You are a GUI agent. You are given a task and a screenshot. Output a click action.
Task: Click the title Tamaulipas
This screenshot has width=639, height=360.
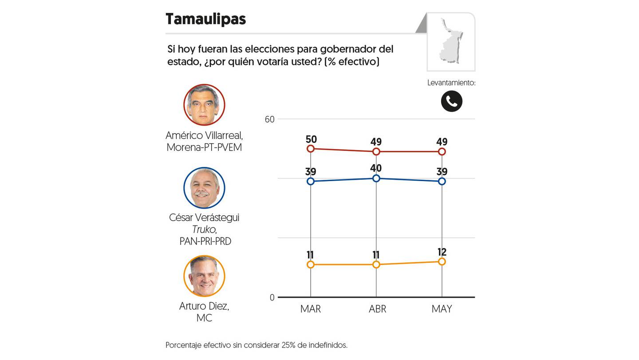(206, 20)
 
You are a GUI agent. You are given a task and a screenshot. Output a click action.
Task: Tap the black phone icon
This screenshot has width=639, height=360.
(452, 101)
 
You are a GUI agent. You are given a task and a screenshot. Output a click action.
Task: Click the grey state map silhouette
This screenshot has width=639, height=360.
(450, 41)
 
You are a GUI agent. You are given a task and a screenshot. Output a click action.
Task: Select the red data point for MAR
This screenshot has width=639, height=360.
(311, 149)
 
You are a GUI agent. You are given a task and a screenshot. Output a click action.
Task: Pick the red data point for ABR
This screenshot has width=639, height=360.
(376, 151)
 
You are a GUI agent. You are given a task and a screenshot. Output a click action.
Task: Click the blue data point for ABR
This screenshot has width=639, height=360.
(376, 178)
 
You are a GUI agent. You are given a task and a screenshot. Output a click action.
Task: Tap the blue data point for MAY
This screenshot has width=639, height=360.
(442, 181)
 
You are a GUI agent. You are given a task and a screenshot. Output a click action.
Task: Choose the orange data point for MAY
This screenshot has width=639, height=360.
(442, 261)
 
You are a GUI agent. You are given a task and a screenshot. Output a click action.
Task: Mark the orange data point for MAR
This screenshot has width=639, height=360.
(311, 265)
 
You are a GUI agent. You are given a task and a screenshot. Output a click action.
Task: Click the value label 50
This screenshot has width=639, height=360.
(311, 139)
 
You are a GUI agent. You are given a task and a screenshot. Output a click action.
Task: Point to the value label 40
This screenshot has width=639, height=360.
(376, 168)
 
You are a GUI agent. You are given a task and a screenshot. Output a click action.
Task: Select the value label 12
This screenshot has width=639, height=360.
(442, 252)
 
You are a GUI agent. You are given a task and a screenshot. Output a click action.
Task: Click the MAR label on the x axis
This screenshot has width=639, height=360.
(311, 309)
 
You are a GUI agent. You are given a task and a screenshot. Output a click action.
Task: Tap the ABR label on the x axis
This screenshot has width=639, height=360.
(377, 309)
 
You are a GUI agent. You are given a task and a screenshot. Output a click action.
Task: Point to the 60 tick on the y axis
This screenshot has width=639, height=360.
(270, 119)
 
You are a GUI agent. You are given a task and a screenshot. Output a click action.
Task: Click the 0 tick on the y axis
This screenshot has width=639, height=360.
(272, 297)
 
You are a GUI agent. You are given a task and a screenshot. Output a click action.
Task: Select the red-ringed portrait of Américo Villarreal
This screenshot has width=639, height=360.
(204, 105)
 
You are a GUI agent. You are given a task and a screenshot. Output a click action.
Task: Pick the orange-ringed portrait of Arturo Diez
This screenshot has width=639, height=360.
(204, 276)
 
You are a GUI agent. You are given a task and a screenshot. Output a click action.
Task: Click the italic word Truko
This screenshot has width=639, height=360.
(204, 229)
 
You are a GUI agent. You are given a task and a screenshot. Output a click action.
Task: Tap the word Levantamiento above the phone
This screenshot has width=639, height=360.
(451, 83)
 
